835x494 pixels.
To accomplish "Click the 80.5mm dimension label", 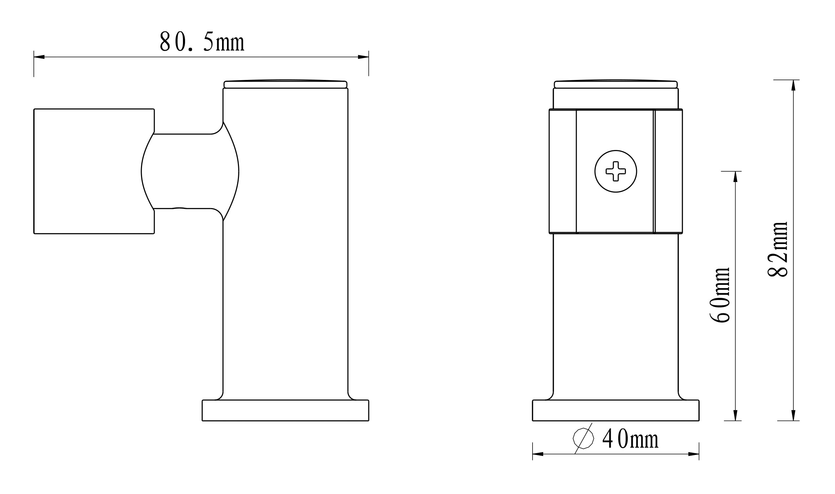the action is point(202,42).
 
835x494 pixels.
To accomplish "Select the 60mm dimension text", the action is point(719,295).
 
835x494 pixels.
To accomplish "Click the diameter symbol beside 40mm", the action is point(583,438).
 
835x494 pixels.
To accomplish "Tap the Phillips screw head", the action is point(616,171).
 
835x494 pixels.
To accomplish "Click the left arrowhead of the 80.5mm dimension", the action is point(39,57).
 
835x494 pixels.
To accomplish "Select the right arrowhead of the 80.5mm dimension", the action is point(363,57).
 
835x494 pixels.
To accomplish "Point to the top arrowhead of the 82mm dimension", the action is point(793,85).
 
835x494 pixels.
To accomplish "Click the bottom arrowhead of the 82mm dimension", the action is point(793,415).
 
